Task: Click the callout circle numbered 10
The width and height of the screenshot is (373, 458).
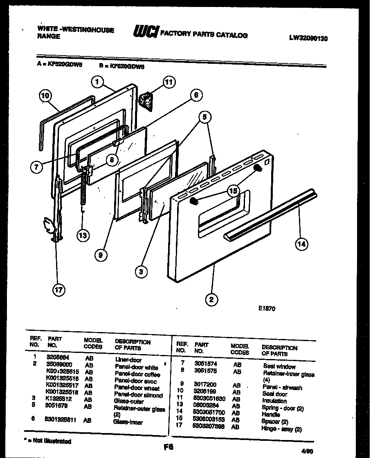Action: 45,96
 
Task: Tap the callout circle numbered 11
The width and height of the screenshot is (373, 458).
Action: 169,82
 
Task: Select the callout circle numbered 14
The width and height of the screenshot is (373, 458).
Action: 301,245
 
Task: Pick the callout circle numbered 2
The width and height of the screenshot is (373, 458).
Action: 211,300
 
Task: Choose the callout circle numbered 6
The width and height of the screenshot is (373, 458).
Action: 196,95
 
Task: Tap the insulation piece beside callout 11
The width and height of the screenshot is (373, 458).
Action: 146,101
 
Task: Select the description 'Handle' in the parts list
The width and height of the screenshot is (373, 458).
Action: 271,414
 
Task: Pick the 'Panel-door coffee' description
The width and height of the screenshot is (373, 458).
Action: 137,374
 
